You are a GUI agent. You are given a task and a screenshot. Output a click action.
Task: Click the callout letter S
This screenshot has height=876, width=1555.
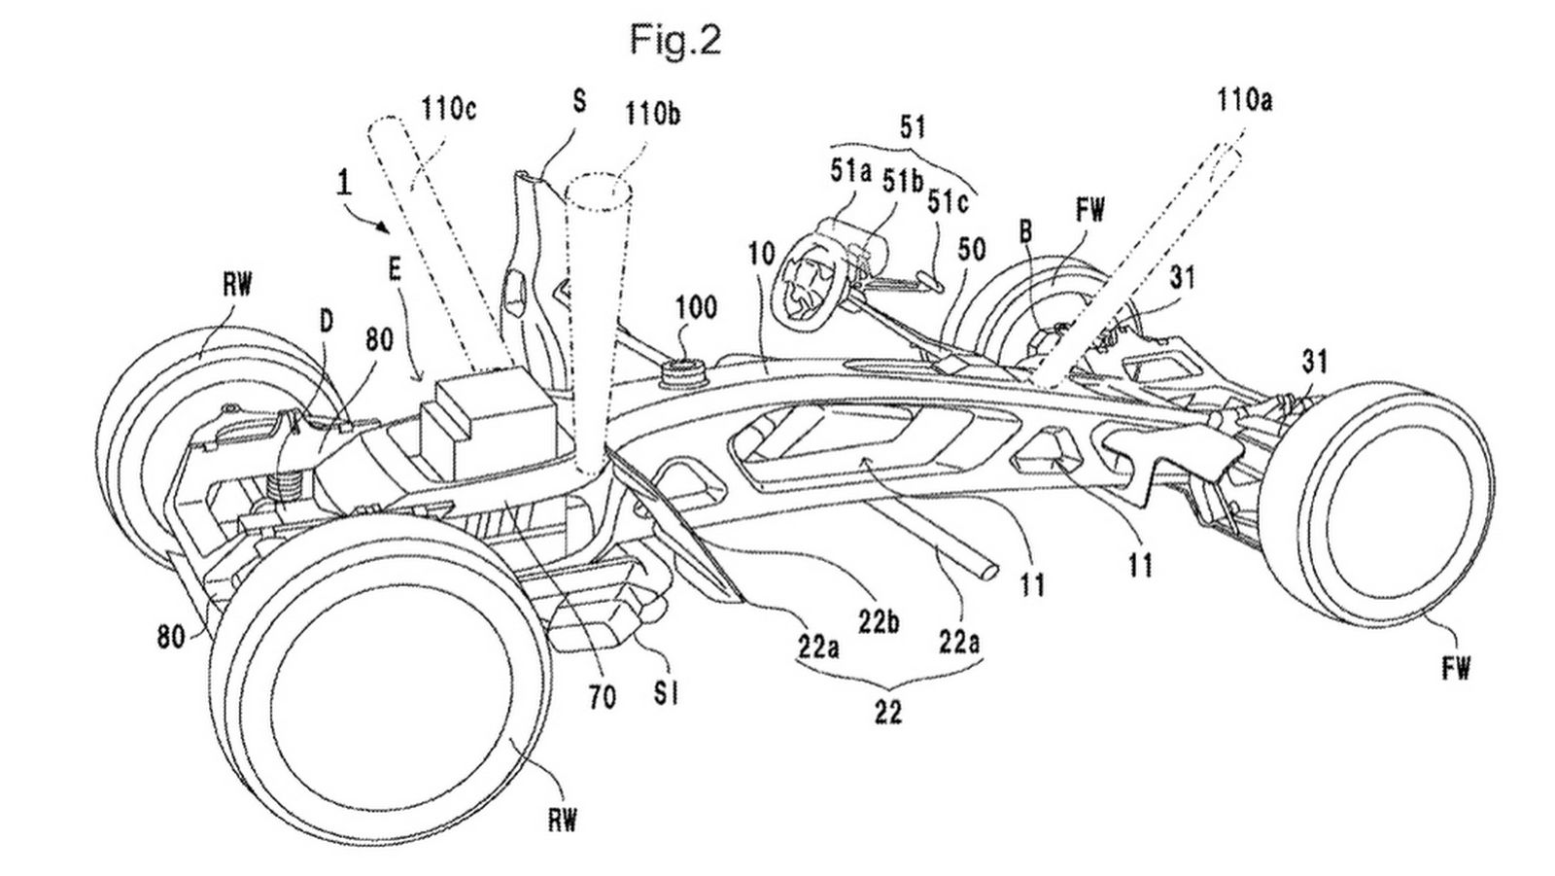coord(579,102)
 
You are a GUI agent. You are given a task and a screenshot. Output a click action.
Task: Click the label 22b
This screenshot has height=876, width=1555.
coord(880,619)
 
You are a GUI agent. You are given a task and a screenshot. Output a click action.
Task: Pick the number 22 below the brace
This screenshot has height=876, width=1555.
coord(886,713)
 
